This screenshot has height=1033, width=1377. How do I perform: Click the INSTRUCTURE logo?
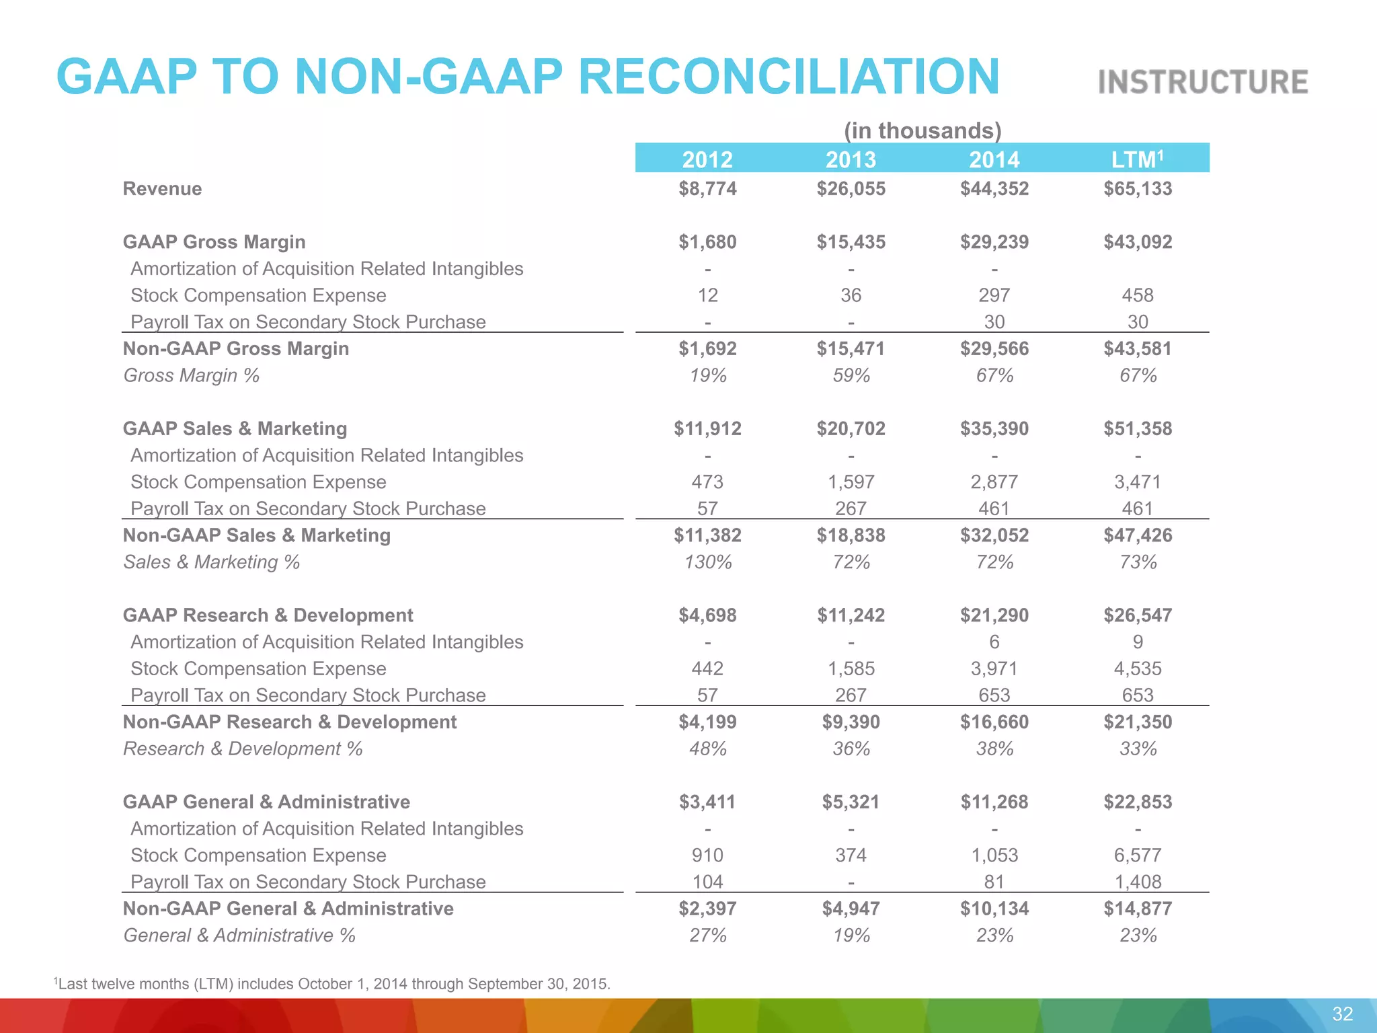click(x=1203, y=82)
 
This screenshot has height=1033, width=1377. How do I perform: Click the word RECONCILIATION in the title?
click(x=789, y=76)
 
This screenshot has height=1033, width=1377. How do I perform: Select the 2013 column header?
click(x=851, y=159)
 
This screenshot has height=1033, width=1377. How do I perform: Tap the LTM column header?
click(x=1137, y=159)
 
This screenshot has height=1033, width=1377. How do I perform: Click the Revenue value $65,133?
click(x=1137, y=188)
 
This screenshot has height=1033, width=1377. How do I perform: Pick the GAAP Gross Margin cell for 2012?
click(x=707, y=242)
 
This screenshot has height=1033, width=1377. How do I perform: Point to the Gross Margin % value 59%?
click(x=851, y=375)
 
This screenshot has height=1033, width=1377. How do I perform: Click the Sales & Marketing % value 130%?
click(x=707, y=562)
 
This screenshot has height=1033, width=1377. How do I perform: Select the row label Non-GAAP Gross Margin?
click(x=236, y=348)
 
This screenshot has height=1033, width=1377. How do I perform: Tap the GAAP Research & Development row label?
click(x=268, y=615)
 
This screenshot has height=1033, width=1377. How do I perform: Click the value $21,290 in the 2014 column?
click(x=994, y=615)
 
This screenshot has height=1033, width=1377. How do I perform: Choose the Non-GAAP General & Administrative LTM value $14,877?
click(x=1137, y=909)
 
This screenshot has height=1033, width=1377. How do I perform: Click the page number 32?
click(x=1342, y=1014)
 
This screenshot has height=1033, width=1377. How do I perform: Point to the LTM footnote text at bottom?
click(x=332, y=984)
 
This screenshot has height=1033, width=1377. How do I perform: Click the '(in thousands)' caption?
click(x=922, y=130)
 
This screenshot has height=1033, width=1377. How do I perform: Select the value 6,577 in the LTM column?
click(x=1137, y=855)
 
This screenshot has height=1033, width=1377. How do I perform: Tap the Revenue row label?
click(x=162, y=188)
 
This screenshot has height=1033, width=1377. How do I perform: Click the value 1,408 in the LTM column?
click(x=1137, y=882)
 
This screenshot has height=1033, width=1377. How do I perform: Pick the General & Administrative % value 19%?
click(x=851, y=935)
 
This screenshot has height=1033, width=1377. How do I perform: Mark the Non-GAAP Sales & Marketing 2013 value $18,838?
click(x=851, y=535)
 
